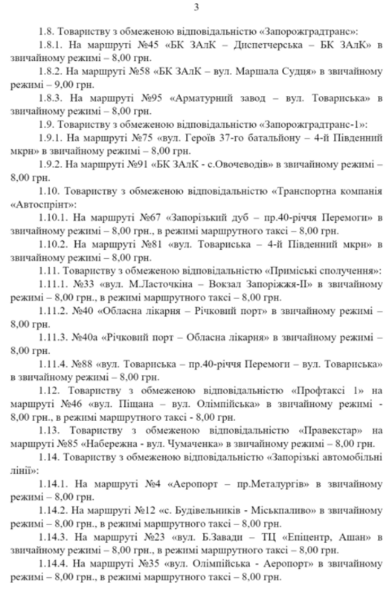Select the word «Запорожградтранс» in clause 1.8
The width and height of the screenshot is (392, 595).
tap(309, 32)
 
